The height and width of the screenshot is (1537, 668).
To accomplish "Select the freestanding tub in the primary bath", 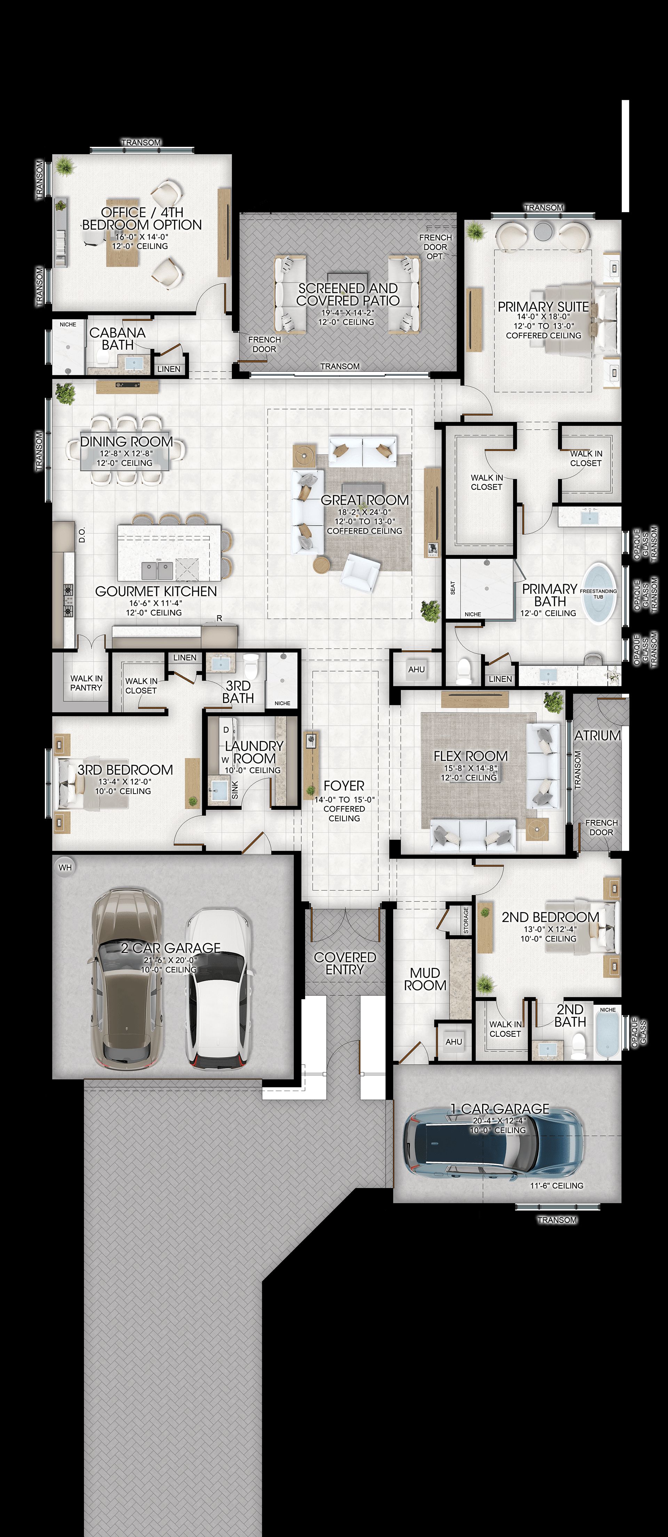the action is (x=598, y=593).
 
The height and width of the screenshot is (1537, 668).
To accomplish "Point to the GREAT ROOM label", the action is (x=365, y=500).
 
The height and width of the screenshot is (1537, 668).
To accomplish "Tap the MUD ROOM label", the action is (x=425, y=979).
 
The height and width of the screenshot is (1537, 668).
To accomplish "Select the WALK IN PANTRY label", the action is (x=86, y=683).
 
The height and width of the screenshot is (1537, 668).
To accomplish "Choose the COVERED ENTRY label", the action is (x=345, y=963).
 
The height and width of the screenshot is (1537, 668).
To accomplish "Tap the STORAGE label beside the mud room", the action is (x=466, y=920).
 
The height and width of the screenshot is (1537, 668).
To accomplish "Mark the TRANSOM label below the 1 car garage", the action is (x=557, y=1220).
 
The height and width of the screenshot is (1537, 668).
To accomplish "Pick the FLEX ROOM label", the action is (x=470, y=756).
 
